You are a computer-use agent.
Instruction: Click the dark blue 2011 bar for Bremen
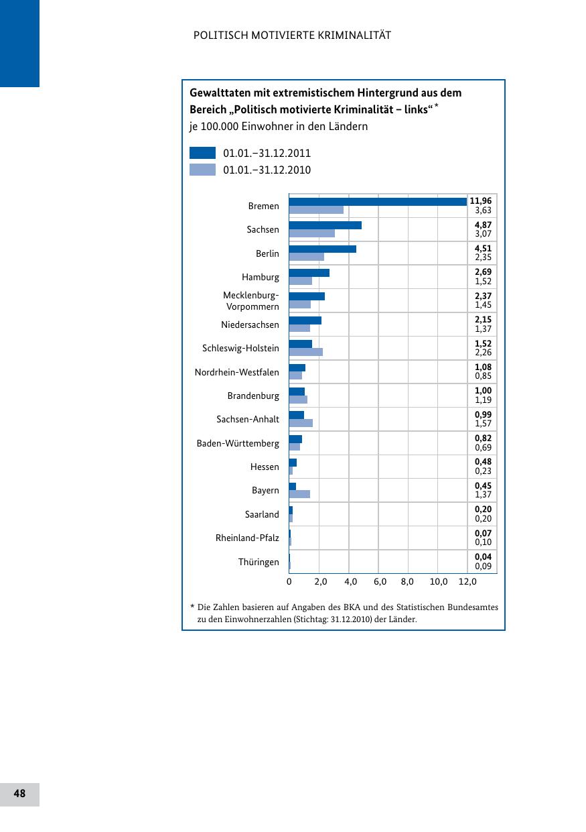click(378, 201)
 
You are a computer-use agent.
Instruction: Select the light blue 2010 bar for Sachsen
click(312, 233)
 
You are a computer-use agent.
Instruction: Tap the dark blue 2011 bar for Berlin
click(322, 249)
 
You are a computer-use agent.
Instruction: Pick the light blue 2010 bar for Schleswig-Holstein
click(305, 352)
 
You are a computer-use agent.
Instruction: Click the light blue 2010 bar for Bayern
click(299, 494)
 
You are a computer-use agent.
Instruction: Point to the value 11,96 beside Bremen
click(480, 200)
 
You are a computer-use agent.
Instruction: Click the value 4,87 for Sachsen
click(483, 225)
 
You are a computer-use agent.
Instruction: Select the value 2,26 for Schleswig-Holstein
click(483, 352)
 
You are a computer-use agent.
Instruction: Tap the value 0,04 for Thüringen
click(483, 557)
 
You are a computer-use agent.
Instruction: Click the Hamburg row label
click(261, 277)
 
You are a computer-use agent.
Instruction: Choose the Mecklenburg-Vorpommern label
click(251, 301)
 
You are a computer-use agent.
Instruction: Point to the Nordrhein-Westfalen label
click(236, 372)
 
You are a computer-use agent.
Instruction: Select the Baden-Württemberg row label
click(238, 443)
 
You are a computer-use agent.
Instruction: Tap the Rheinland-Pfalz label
click(247, 538)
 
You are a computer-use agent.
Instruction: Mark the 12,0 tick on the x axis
click(467, 582)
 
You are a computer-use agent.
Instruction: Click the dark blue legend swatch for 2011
click(202, 153)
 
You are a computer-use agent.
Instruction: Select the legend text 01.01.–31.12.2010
click(267, 170)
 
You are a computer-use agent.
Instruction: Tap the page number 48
click(19, 794)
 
